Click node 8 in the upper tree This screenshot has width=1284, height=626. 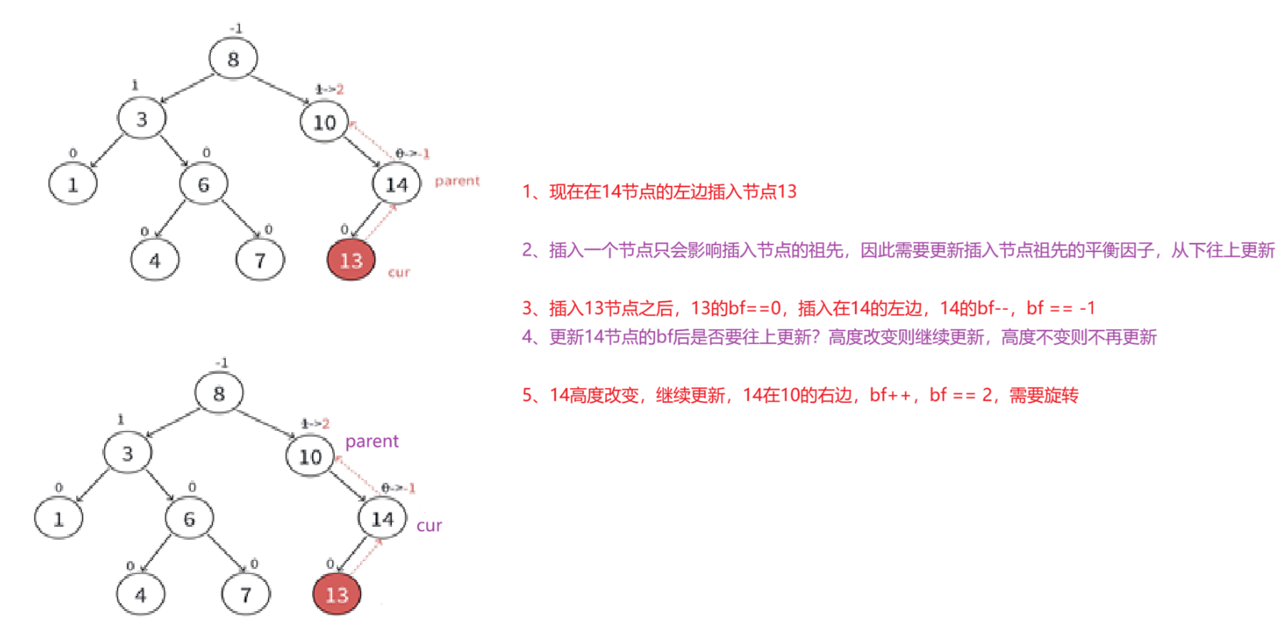233,58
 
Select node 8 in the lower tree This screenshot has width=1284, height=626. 219,392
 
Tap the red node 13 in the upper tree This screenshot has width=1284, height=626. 351,260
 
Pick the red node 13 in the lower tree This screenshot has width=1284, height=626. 336,594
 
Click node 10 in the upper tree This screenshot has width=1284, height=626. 324,122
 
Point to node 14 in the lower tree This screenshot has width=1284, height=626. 382,518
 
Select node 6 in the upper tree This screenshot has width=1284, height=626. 203,184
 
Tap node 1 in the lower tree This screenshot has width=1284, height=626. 58,518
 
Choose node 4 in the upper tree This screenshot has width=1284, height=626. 155,261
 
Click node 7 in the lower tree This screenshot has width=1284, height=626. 246,594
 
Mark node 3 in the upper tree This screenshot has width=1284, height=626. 142,119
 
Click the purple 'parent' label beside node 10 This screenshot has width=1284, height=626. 371,442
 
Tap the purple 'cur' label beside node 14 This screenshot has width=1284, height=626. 429,526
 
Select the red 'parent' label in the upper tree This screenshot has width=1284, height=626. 457,181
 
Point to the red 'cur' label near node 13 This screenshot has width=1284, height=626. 399,272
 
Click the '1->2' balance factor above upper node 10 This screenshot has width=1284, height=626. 329,89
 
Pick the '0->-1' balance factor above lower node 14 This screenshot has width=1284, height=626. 398,488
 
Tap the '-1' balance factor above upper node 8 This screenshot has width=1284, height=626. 236,28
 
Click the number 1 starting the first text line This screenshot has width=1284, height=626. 527,192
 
